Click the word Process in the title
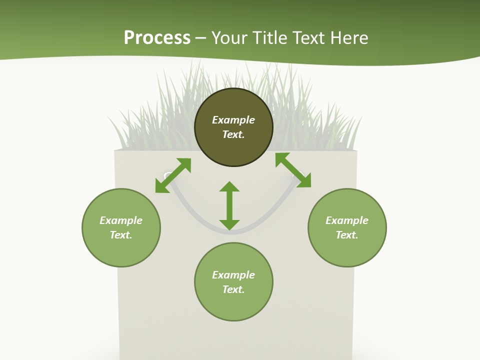tap(157, 38)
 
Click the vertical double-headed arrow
tap(229, 205)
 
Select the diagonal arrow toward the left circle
tap(173, 175)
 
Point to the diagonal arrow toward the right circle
tap(293, 170)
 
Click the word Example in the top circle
tap(233, 120)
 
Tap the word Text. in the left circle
tap(121, 235)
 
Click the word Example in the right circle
tap(347, 220)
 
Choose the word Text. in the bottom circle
tap(233, 289)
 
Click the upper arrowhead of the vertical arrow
tap(229, 187)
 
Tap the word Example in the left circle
tap(121, 220)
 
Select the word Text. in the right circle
tap(347, 235)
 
